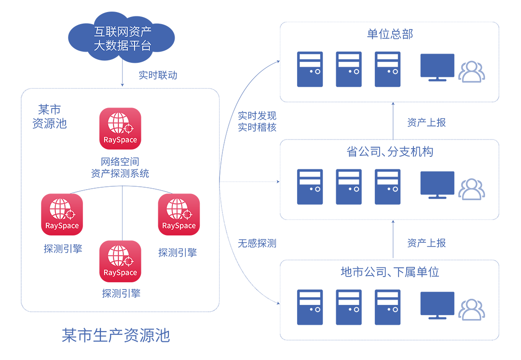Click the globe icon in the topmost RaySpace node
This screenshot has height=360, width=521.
pos(118,123)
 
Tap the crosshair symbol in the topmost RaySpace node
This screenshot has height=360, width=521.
pos(129,128)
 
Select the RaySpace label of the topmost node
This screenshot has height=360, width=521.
pos(120,140)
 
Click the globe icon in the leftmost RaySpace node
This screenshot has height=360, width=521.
pos(60,208)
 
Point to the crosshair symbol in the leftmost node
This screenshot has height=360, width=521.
pos(70,214)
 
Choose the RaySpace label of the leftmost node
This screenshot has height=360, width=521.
pos(62,226)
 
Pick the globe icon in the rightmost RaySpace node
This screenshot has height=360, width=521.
pos(177,208)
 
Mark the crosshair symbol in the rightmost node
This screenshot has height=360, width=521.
pos(187,214)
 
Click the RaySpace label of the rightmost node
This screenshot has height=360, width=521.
pos(178,226)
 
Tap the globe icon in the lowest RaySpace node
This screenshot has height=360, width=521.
pos(118,255)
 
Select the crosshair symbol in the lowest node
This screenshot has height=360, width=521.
pos(129,262)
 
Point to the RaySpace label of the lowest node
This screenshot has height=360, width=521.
pos(120,273)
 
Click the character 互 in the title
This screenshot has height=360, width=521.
pos(99,32)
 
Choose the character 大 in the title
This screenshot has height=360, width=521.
pos(99,46)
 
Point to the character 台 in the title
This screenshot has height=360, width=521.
pos(146,46)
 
